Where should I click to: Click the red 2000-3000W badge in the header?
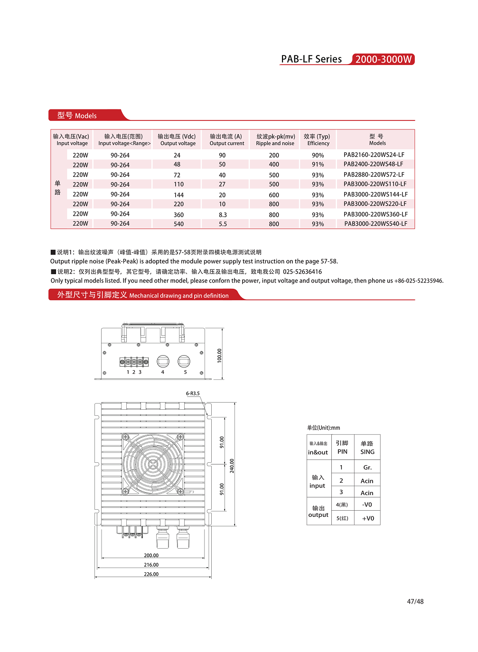383,59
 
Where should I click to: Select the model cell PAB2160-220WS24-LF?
374,155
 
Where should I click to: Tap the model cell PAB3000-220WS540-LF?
375,224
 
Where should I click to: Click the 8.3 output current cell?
223,215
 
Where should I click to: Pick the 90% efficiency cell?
318,156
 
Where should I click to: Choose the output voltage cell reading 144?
178,195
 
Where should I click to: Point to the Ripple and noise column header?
275,140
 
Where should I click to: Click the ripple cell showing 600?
274,195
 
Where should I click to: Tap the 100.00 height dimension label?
219,356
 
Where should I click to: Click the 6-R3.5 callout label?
193,394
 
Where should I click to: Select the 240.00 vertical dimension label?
232,466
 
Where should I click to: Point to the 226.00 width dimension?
151,574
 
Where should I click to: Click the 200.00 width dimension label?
151,555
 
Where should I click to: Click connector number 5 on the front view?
185,372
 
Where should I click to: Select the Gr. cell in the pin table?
367,468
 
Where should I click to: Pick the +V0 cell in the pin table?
368,518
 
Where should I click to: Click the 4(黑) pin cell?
342,505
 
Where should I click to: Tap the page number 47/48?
415,601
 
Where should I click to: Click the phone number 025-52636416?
302,272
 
